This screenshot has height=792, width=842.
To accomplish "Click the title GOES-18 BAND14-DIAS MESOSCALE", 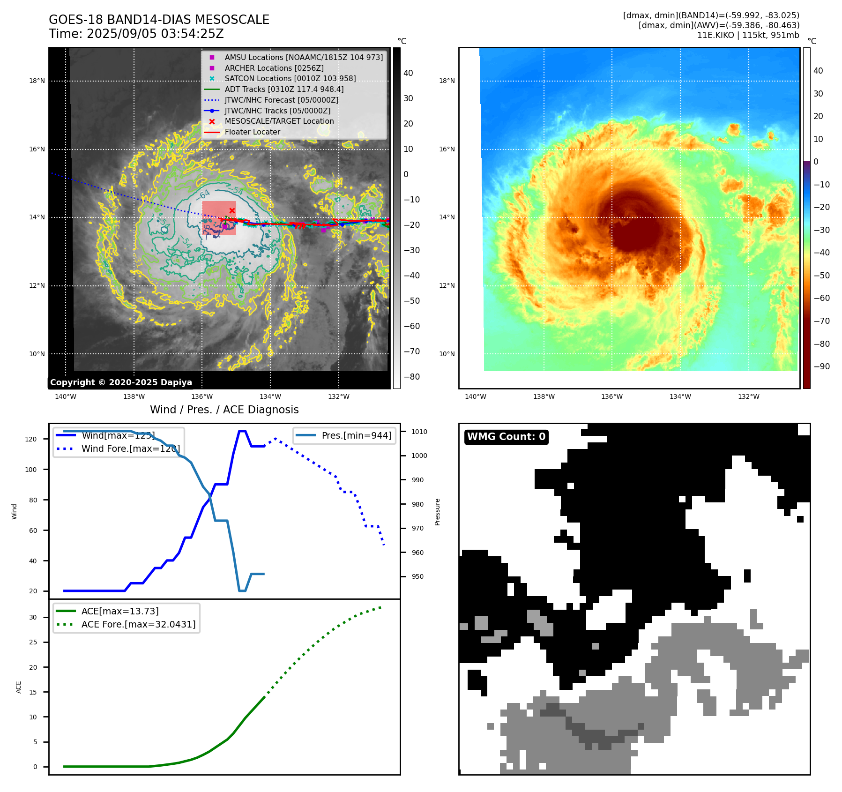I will tap(159, 20).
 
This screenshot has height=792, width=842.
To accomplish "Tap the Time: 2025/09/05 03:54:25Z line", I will tap(136, 34).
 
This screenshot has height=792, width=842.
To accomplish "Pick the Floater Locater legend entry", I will tap(252, 132).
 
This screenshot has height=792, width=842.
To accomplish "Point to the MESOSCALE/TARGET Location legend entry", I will tap(279, 121).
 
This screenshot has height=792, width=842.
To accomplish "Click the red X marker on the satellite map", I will tap(232, 210).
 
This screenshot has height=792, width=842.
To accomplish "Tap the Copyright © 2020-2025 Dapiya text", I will tap(121, 382).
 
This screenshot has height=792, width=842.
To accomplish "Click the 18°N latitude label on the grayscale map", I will tap(37, 81).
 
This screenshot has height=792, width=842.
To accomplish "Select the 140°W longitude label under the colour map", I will tap(475, 396).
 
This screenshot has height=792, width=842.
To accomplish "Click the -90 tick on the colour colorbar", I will tap(821, 366).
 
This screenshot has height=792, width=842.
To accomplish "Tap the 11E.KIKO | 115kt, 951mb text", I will tap(748, 35).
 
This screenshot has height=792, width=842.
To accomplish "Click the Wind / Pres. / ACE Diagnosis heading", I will tap(224, 410).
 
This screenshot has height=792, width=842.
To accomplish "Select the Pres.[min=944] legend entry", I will tap(356, 435).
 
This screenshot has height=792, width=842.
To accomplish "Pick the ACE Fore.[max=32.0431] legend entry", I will tap(138, 624).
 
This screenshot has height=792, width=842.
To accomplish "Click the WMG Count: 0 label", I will tap(506, 437).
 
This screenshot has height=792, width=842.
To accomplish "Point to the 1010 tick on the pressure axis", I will tap(419, 432).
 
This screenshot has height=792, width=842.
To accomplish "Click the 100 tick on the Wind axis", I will tap(31, 470).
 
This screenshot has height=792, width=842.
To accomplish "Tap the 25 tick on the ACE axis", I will tap(33, 642).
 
